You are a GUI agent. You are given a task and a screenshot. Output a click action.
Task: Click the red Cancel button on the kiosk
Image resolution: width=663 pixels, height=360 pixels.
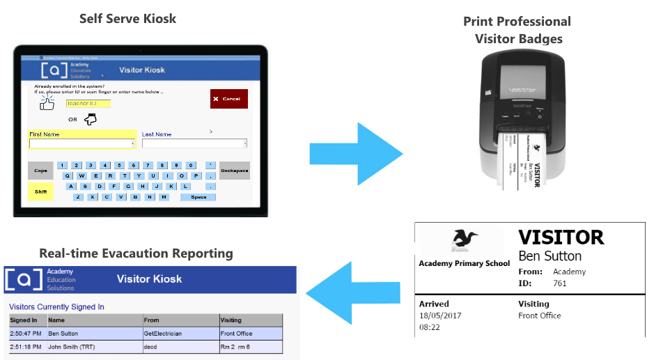pyautogui.click(x=228, y=99)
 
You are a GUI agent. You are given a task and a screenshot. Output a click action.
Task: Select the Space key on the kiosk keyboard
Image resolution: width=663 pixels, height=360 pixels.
pyautogui.click(x=198, y=197)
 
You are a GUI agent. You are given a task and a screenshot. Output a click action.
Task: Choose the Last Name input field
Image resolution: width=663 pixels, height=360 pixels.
pyautogui.click(x=194, y=143)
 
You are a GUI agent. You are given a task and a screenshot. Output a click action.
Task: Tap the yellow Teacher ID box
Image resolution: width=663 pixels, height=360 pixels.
pyautogui.click(x=88, y=103)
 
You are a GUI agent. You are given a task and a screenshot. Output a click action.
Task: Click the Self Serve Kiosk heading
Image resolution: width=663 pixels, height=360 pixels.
pyautogui.click(x=127, y=18)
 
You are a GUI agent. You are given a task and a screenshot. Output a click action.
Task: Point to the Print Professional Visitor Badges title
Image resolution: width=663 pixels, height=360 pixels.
pyautogui.click(x=517, y=30)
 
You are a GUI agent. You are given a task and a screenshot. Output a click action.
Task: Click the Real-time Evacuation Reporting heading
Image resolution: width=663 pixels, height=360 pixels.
pyautogui.click(x=136, y=253)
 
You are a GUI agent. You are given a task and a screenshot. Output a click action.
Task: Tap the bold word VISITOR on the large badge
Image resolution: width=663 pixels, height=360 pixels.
pyautogui.click(x=561, y=237)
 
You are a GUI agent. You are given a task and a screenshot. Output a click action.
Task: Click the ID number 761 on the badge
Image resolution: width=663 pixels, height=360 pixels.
pyautogui.click(x=560, y=283)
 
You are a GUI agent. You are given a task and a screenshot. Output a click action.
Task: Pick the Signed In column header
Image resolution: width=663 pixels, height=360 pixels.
pyautogui.click(x=24, y=320)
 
